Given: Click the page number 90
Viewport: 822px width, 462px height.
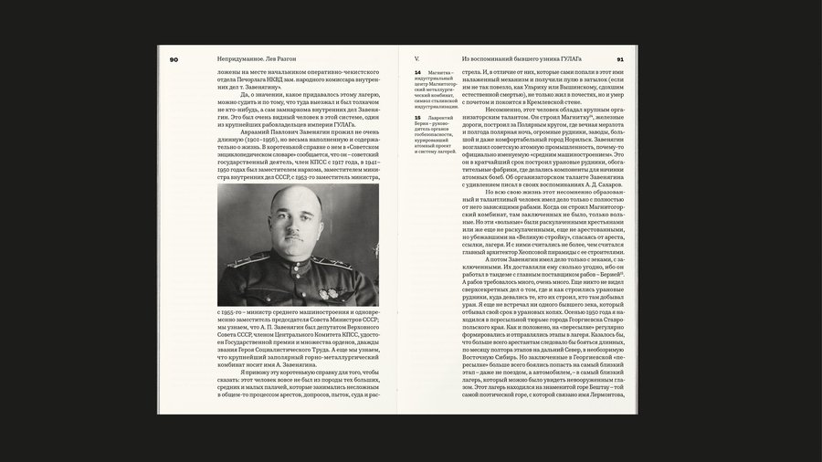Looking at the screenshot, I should pyautogui.click(x=174, y=59).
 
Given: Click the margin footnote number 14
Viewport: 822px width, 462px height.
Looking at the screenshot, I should pyautogui.click(x=418, y=71).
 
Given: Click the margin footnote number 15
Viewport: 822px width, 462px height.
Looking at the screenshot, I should pyautogui.click(x=418, y=117).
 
